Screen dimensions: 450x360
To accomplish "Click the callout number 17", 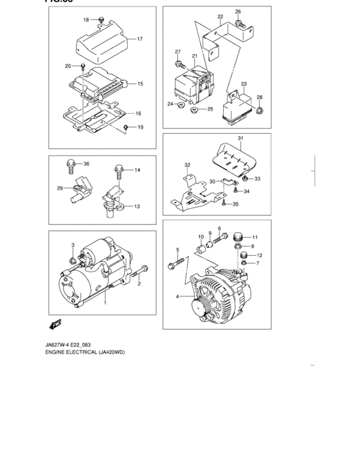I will pyautogui.click(x=139, y=39).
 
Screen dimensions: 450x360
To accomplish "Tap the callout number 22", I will pyautogui.click(x=220, y=17).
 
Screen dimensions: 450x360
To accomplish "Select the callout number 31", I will pyautogui.click(x=240, y=139).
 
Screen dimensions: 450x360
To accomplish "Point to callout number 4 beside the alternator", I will pyautogui.click(x=178, y=296).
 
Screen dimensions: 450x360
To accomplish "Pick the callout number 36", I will pyautogui.click(x=86, y=164).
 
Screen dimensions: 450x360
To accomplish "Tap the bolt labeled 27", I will pyautogui.click(x=179, y=64).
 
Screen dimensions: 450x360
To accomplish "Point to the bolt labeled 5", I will pyautogui.click(x=176, y=264).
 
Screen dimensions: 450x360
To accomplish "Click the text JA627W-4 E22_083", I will pyautogui.click(x=72, y=345).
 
